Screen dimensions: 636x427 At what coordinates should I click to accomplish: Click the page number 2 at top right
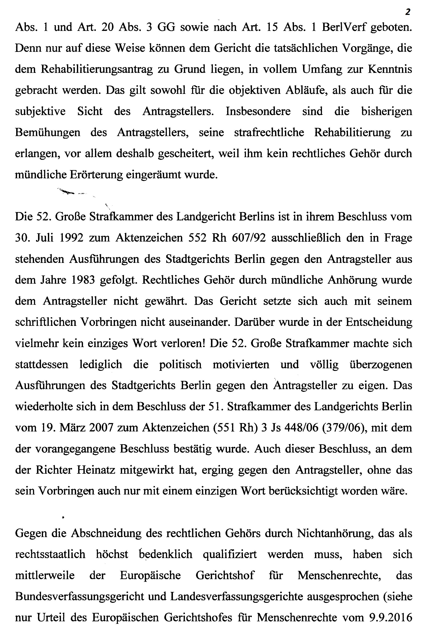pyautogui.click(x=408, y=12)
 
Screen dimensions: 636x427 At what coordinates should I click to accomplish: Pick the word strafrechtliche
pyautogui.click(x=269, y=132)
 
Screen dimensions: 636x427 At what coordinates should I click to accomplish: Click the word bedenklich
pyautogui.click(x=166, y=554)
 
